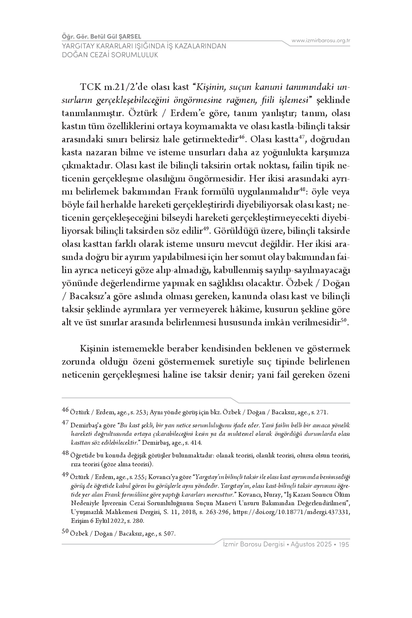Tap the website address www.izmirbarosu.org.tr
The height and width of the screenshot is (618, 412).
(321, 41)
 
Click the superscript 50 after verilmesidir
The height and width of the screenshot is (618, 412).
(343, 320)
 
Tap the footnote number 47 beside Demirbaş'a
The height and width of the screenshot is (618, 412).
(65, 422)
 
